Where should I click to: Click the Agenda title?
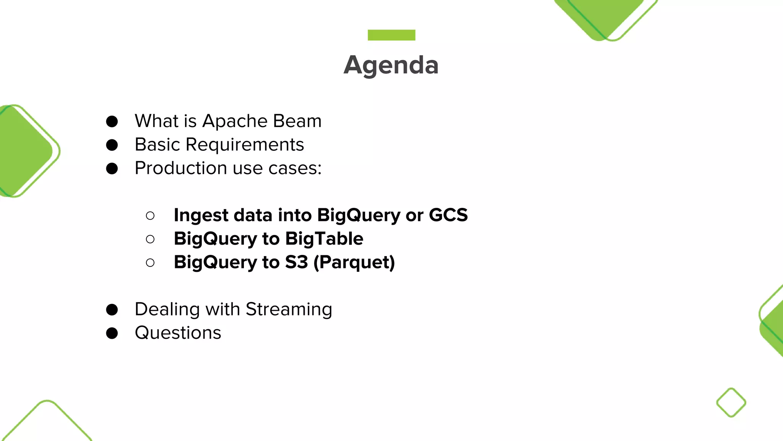tap(391, 65)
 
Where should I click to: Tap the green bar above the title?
tap(391, 35)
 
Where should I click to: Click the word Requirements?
tap(245, 145)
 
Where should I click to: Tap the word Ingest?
tap(201, 216)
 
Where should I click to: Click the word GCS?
tap(448, 215)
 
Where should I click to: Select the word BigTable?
tap(324, 238)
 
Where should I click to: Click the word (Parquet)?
tap(354, 263)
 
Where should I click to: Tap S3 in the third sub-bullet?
tap(296, 262)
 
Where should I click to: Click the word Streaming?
tap(289, 309)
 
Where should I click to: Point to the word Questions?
tap(178, 333)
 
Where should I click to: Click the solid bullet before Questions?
tap(112, 333)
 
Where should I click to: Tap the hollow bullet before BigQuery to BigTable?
tap(150, 239)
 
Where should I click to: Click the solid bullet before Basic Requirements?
tap(112, 145)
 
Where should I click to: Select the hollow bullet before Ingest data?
tap(150, 216)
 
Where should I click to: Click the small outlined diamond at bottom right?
tap(731, 402)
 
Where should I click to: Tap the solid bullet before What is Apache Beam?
tap(112, 121)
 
